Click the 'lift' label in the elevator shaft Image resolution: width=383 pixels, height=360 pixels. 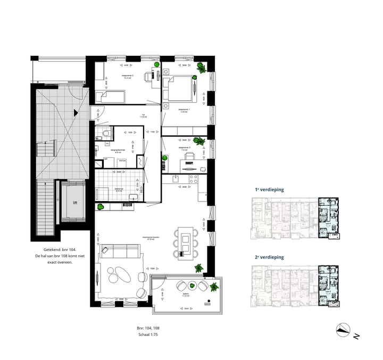click(x=75, y=202)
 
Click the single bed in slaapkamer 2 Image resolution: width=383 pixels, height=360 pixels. click(x=110, y=97)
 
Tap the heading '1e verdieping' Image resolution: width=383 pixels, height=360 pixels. click(x=269, y=189)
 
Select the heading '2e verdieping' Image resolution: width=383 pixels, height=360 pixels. click(x=269, y=257)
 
